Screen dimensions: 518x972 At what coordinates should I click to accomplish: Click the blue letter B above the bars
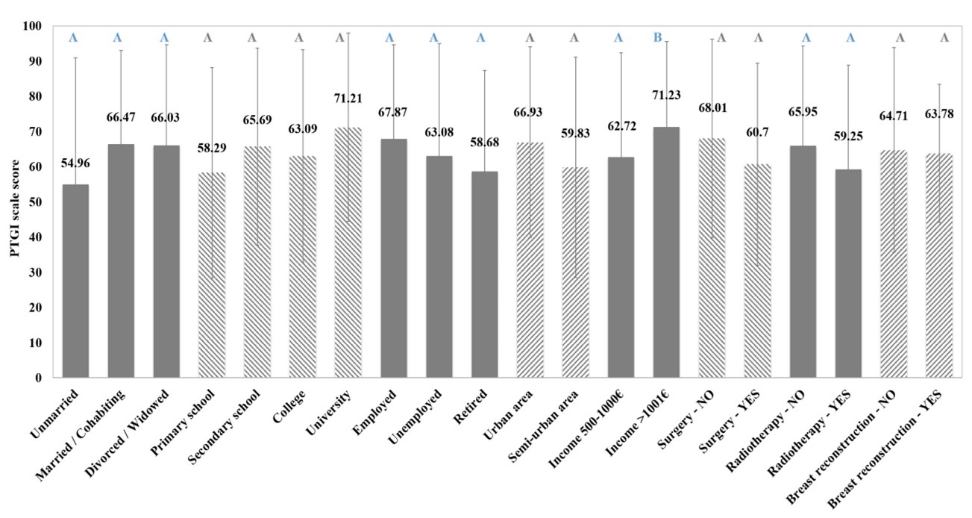[x=657, y=37]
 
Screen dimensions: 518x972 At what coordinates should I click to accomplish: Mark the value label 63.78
[x=938, y=114]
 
